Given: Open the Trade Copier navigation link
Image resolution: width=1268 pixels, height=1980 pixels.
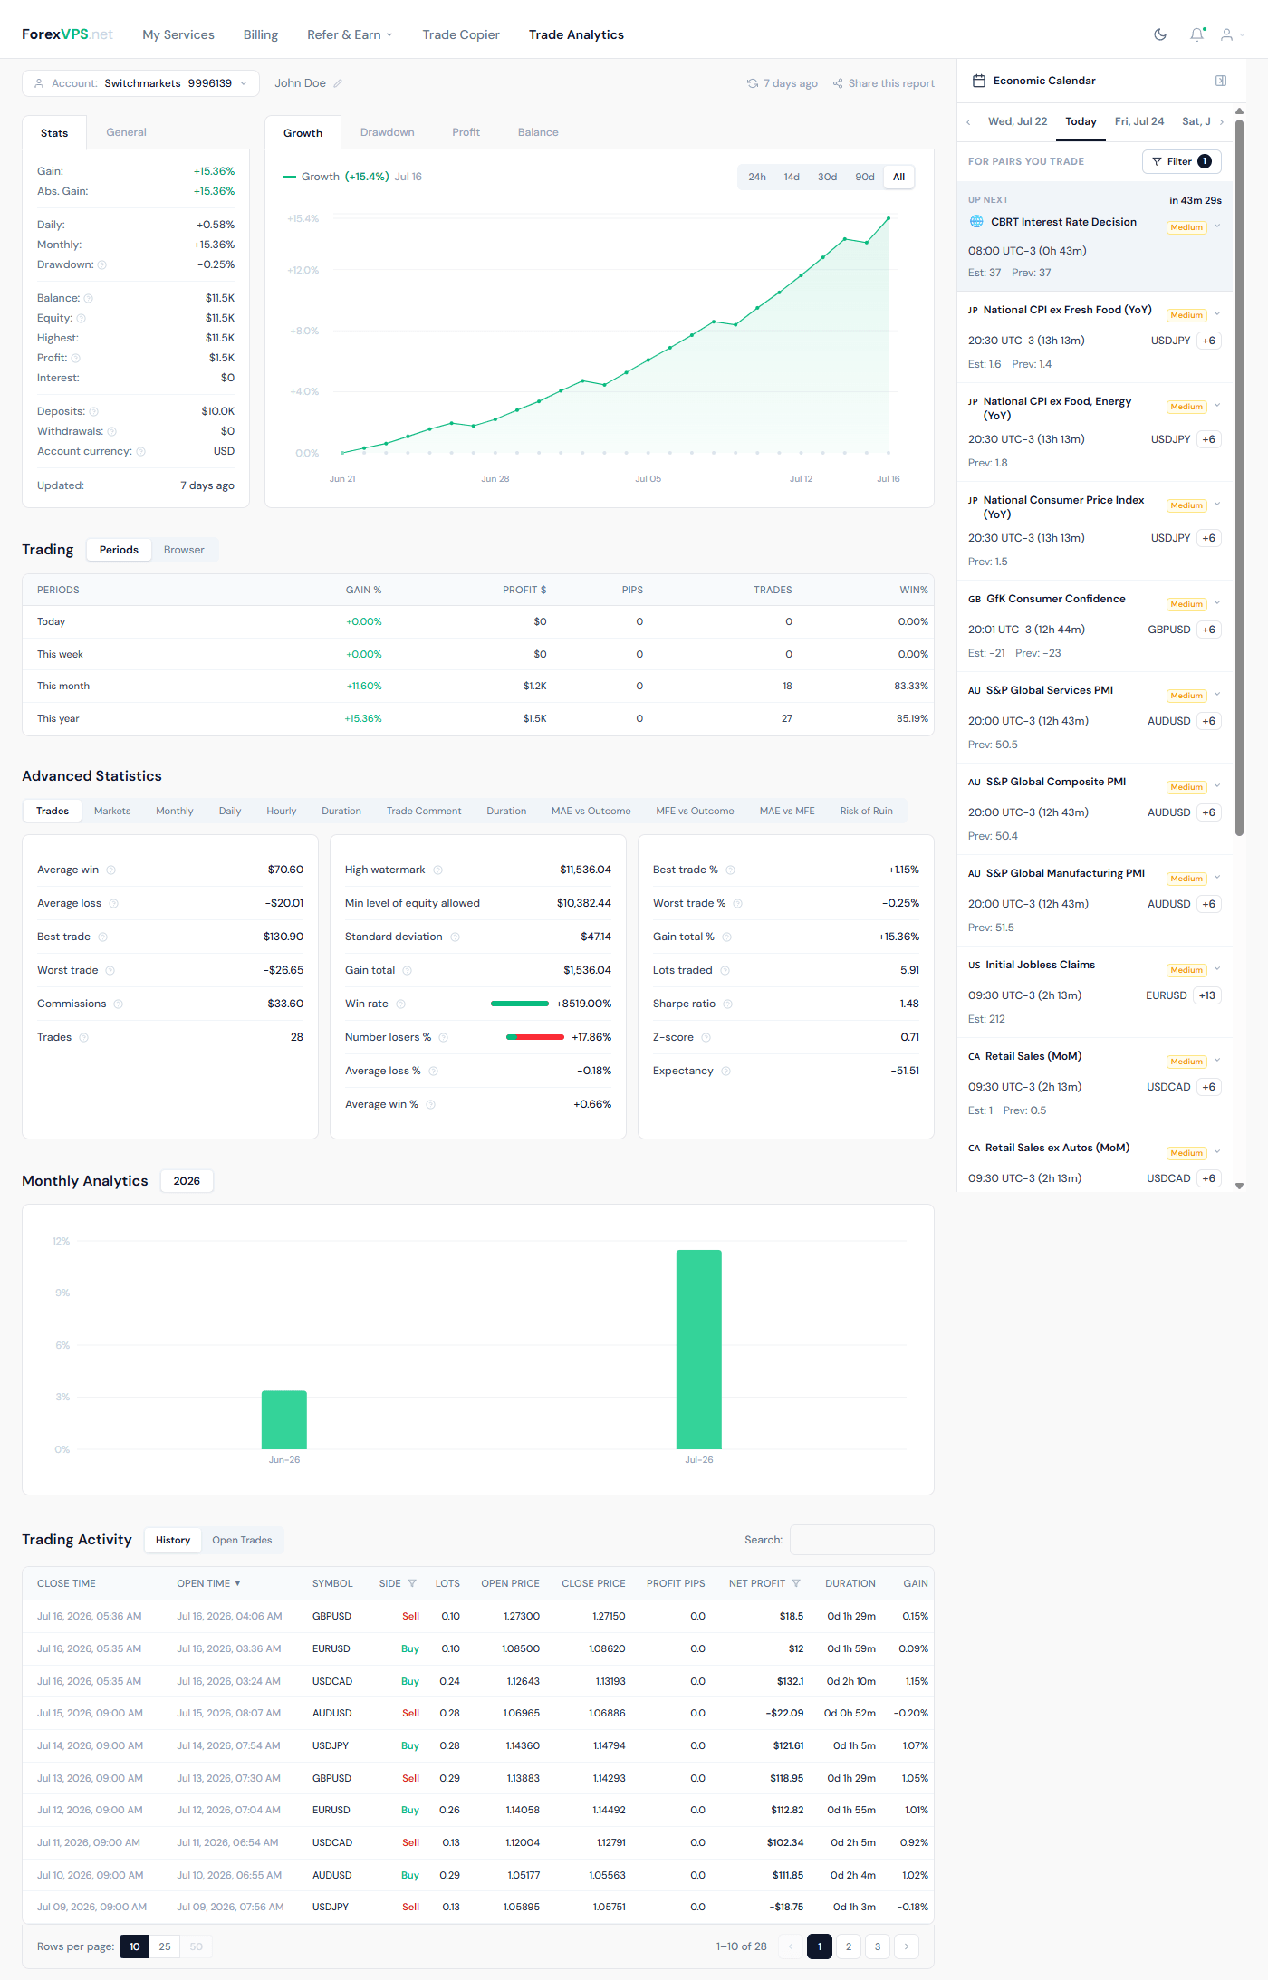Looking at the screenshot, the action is point(461,34).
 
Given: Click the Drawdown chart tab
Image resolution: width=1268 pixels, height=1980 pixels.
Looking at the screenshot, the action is point(387,132).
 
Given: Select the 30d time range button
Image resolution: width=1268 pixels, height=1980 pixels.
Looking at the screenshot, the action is point(827,177).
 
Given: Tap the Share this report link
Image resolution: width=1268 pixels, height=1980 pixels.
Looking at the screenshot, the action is point(884,83).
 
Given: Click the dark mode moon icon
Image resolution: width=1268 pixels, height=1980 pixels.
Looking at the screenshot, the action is point(1160,34).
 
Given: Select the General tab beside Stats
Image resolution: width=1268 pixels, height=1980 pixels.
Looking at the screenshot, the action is point(126,132).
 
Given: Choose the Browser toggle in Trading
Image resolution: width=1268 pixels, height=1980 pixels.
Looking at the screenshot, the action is point(184,550).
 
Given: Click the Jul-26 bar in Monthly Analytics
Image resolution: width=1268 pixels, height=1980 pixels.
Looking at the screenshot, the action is point(699,1350).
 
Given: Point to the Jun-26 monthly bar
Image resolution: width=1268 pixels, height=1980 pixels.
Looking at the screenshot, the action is point(284,1419).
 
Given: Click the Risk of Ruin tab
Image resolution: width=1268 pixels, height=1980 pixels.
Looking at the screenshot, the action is point(866,811).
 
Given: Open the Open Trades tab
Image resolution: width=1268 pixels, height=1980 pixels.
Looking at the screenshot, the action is point(242,1540).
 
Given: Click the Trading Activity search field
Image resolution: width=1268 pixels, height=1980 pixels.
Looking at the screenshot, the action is point(861,1540).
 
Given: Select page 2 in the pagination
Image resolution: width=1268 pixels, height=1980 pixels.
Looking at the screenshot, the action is point(849,1946).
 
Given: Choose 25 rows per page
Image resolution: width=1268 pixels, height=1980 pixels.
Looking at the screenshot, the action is point(165,1946).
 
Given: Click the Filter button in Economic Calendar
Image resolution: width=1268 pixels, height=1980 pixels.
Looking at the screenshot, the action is point(1182,161).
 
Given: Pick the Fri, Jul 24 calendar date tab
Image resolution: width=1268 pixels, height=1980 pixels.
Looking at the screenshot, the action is point(1139,121).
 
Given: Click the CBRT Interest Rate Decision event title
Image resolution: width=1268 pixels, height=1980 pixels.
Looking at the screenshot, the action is point(1063,222).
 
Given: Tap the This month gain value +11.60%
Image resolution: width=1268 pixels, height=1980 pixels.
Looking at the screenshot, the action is point(364,686).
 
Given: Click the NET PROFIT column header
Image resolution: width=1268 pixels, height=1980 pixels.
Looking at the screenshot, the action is point(757,1583).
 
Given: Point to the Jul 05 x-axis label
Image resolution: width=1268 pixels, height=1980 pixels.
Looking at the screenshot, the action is point(648,479).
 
